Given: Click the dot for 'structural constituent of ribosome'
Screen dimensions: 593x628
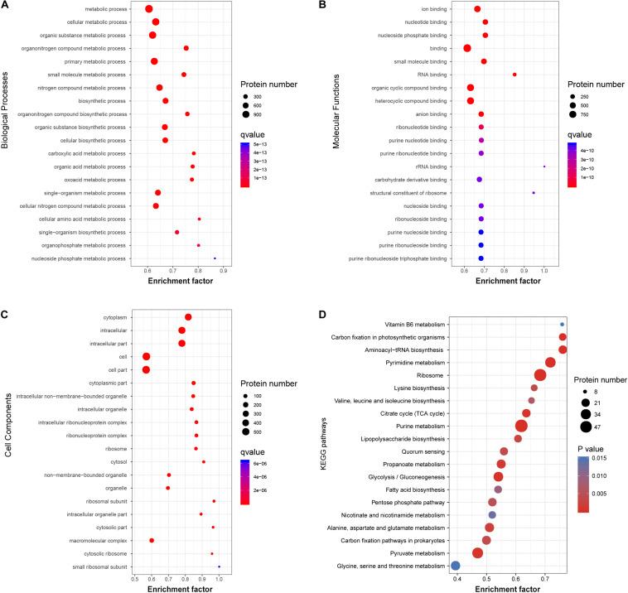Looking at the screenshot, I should click(534, 193).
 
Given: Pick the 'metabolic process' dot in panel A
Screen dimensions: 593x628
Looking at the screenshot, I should click(149, 9).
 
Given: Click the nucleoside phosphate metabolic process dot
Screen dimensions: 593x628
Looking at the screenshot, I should click(215, 258).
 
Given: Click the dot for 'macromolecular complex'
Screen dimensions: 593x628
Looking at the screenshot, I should click(152, 540).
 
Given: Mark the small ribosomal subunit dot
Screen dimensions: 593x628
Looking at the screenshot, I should click(220, 566).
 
